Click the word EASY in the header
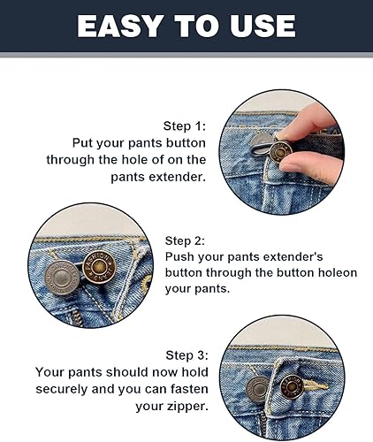tap(120, 26)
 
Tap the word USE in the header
tap(263, 26)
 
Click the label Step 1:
tap(185, 126)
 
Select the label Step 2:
tap(185, 240)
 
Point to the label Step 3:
tap(186, 355)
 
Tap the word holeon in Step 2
tap(338, 272)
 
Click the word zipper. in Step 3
tap(186, 407)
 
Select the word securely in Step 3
tap(62, 389)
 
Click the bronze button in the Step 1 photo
tap(281, 151)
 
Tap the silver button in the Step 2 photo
tap(62, 278)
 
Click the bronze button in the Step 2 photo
tap(99, 267)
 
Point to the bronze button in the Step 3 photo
tap(292, 386)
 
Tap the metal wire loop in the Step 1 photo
tap(259, 147)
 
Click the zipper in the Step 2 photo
tap(77, 317)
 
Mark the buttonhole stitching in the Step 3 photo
tap(316, 385)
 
